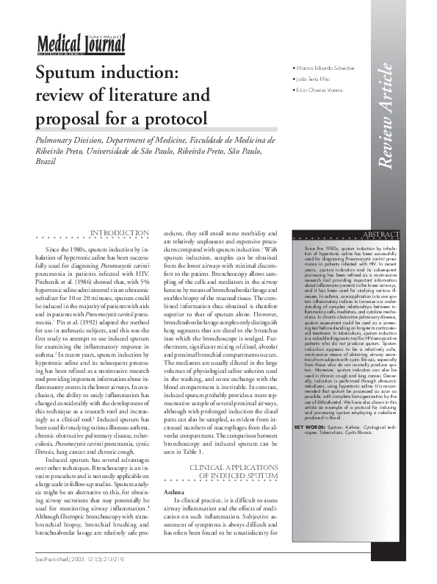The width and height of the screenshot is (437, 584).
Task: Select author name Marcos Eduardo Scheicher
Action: pyautogui.click(x=327, y=68)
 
